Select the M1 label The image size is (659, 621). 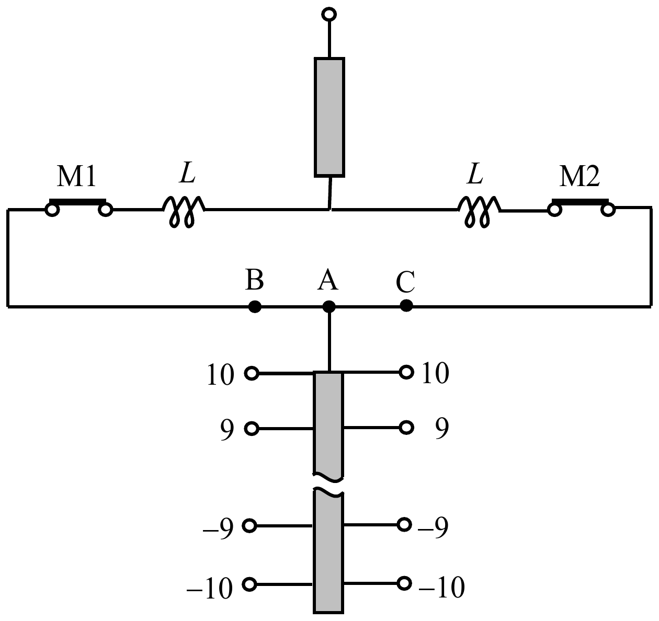pos(76,177)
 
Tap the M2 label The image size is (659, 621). pos(580,177)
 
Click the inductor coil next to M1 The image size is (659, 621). pos(184,211)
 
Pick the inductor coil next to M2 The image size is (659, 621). pos(479,211)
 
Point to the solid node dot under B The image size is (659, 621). pos(255,306)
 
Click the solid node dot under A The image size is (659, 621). pos(329,306)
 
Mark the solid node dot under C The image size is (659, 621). pos(406,305)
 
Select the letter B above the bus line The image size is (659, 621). pos(255,279)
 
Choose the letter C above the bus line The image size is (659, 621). pos(405,282)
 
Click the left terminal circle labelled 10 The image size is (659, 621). pos(252,373)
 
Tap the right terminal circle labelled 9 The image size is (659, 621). pos(406,427)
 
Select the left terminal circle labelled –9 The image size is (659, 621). pos(249,526)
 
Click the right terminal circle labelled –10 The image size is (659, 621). pos(404,583)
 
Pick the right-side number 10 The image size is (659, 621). pos(435,373)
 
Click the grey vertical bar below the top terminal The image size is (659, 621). pos(329,117)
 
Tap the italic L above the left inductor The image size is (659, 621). pos(187,172)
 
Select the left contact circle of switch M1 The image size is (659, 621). pos(52,210)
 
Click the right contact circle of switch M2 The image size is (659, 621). pos(608,210)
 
